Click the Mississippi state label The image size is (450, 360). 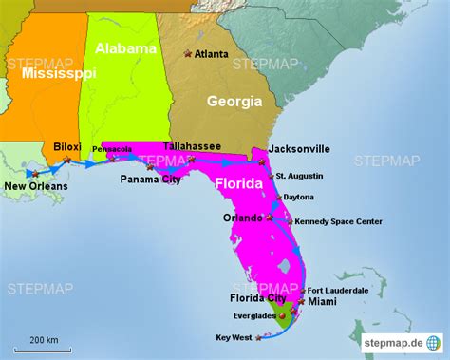click(59, 73)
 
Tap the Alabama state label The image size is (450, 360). click(125, 47)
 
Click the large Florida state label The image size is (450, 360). click(242, 182)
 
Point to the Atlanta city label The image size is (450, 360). click(212, 54)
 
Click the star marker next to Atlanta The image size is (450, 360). click(187, 53)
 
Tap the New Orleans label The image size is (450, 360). click(36, 186)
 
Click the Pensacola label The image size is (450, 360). click(112, 150)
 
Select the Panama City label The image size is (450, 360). click(150, 179)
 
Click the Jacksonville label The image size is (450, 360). click(299, 149)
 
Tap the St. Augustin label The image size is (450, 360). click(305, 176)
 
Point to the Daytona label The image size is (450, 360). click(298, 197)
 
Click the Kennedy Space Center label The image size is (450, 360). click(339, 221)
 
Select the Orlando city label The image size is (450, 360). click(242, 218)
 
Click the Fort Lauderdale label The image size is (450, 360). click(338, 290)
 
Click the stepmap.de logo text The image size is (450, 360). click(393, 341)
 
